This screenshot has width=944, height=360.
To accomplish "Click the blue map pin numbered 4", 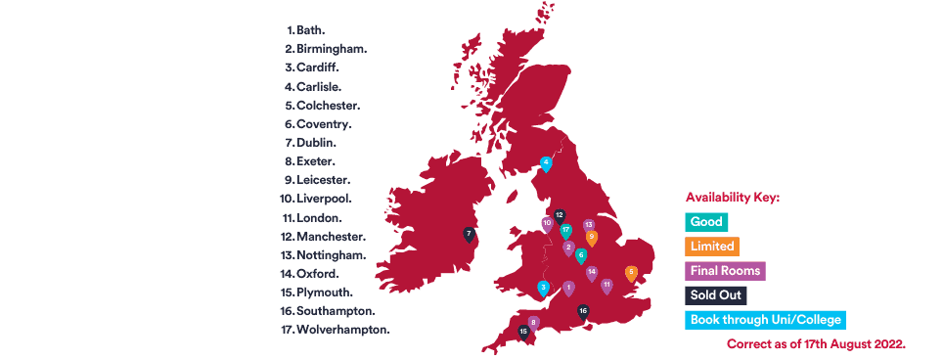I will [x=546, y=163].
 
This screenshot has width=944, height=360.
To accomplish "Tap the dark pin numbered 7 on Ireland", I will [x=469, y=235].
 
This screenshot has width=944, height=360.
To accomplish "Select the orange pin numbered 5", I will [x=631, y=273].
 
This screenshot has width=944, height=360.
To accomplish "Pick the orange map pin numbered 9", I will [x=591, y=237].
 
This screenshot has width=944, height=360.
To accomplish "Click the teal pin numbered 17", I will [x=565, y=231].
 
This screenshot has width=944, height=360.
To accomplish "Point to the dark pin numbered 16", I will [x=583, y=312].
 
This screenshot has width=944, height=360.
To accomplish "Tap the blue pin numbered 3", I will [x=543, y=288].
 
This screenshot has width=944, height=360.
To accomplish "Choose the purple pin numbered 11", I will [x=607, y=286].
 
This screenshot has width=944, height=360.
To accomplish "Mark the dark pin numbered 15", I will [x=523, y=332].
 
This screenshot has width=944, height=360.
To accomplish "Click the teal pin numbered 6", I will [x=581, y=255].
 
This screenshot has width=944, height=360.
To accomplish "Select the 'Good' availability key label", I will [x=706, y=222].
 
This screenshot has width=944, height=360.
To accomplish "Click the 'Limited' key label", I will [x=711, y=247].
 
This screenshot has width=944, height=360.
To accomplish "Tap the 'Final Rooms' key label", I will [x=725, y=271].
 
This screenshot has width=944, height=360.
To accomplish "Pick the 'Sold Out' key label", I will [x=717, y=295].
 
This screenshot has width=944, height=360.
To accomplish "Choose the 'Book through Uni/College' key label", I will [x=764, y=320].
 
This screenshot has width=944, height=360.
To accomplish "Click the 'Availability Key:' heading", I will [x=733, y=197].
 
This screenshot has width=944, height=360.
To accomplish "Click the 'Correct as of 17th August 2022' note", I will [x=816, y=344].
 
